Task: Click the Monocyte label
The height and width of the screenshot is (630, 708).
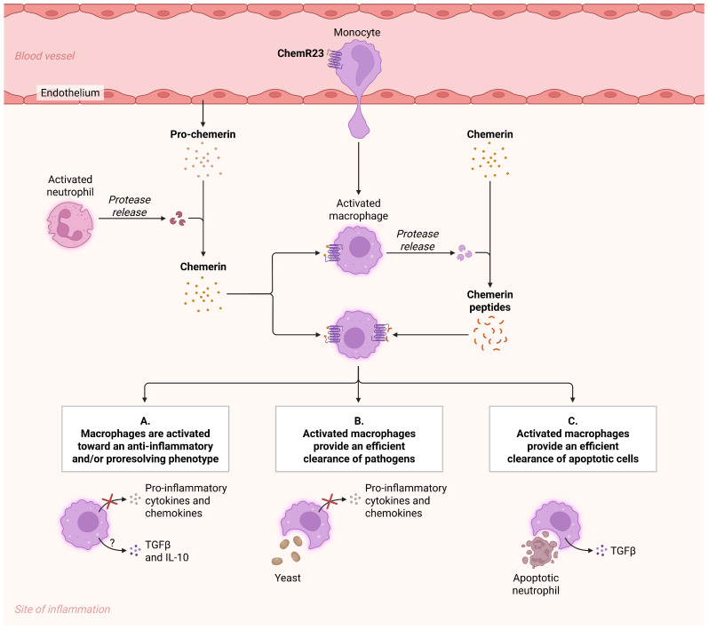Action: (x=357, y=33)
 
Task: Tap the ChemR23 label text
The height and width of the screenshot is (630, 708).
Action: (x=300, y=53)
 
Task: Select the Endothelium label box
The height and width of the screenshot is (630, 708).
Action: (x=70, y=92)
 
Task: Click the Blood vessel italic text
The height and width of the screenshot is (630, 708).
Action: (x=44, y=56)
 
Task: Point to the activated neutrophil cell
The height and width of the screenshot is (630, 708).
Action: (x=70, y=225)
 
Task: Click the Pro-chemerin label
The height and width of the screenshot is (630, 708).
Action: (x=203, y=134)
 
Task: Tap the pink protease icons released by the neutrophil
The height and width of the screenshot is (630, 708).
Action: (x=178, y=219)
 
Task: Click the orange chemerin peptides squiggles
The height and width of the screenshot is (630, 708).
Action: (x=489, y=333)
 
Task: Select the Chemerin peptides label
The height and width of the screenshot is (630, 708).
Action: (x=489, y=300)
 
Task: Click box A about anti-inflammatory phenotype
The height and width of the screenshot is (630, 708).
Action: (x=146, y=439)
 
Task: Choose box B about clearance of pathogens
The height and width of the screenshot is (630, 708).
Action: (x=359, y=439)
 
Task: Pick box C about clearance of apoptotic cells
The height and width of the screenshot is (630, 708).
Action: (x=573, y=439)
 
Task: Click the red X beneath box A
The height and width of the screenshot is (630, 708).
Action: (x=108, y=501)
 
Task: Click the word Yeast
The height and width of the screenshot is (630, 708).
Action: (x=288, y=578)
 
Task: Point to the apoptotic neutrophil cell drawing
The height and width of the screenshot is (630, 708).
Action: (x=540, y=551)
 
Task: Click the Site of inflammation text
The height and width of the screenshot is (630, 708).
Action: (x=62, y=610)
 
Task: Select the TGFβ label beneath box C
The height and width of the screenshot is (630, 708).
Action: (x=623, y=551)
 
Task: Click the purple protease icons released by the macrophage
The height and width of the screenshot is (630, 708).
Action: (x=464, y=253)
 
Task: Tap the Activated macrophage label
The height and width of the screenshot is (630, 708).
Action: (x=359, y=210)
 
